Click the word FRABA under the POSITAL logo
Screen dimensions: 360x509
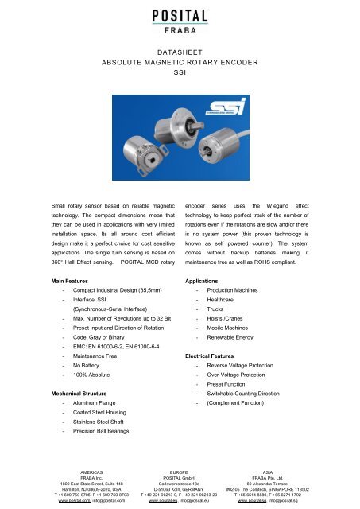(180, 33)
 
